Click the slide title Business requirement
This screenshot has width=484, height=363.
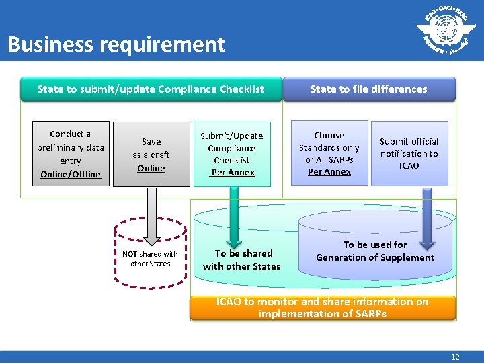tap(116, 44)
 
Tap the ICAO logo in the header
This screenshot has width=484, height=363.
tap(442, 30)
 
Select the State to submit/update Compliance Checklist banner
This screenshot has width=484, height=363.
tap(151, 89)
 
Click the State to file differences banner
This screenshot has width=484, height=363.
tap(368, 89)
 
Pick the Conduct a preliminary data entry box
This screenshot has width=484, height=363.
tap(71, 153)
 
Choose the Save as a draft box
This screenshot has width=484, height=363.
tap(151, 155)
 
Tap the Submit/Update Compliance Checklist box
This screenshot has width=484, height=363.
tap(232, 154)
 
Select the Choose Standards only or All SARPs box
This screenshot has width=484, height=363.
tap(329, 153)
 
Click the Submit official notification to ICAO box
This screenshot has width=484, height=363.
tap(409, 153)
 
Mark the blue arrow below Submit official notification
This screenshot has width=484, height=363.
tap(426, 211)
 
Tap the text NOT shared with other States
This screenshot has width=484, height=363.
tap(151, 259)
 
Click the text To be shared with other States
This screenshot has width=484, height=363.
tap(242, 259)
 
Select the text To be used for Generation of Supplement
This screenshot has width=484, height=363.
tap(375, 251)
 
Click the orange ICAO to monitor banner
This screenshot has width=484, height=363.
tap(323, 308)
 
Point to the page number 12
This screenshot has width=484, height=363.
tap(455, 357)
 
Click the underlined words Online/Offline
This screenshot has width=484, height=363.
tap(71, 174)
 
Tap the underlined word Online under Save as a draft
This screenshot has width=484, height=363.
tap(151, 168)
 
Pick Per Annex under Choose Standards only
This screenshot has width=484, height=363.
tap(329, 171)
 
